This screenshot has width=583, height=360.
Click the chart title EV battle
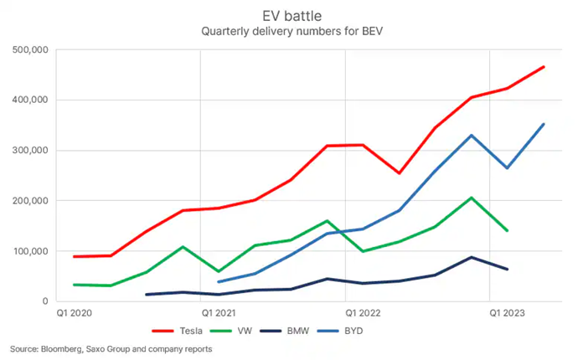coord(291,15)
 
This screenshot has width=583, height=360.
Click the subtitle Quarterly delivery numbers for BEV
coord(291,32)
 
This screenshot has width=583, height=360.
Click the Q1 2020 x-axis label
coord(75,313)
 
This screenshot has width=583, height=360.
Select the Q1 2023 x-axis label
coord(508,313)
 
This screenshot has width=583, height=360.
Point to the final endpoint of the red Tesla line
coord(544,66)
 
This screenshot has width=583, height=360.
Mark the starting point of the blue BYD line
coord(218,282)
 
